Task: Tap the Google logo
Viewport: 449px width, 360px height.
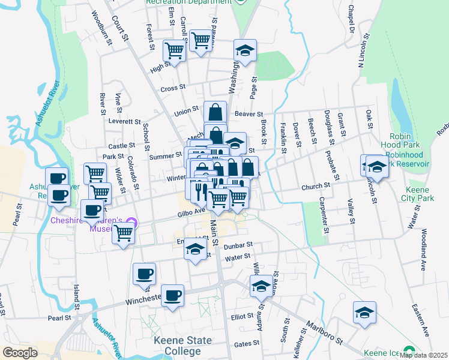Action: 20,353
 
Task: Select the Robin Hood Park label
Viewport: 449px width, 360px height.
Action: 399,141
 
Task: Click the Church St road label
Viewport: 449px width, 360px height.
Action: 316,187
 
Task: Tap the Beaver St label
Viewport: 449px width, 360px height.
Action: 249,113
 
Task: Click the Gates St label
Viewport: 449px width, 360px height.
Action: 246,344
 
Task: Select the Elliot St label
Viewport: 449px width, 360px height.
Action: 243,316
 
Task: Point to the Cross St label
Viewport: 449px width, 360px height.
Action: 172,89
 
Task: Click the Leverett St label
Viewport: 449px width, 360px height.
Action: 124,121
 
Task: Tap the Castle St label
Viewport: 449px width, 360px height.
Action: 121,146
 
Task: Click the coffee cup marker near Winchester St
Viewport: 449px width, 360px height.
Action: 172,295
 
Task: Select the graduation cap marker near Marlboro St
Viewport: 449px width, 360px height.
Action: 364,313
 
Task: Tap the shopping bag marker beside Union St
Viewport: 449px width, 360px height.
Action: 215,112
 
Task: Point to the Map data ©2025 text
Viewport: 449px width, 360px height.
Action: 423,355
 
